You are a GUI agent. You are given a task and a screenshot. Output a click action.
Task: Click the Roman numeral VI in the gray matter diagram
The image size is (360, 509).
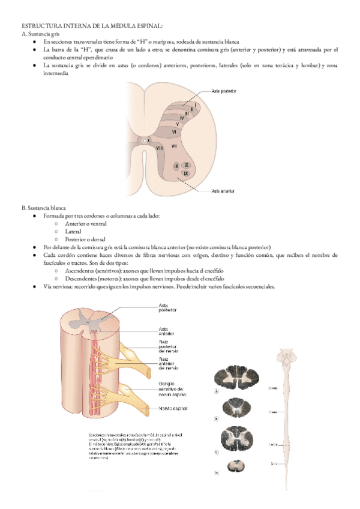(x=174, y=131)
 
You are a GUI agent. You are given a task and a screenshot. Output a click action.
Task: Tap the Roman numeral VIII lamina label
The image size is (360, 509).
(x=160, y=147)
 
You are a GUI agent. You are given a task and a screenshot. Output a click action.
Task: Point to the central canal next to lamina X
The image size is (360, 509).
(x=142, y=140)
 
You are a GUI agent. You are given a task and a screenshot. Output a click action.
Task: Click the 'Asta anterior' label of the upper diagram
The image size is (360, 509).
(x=223, y=191)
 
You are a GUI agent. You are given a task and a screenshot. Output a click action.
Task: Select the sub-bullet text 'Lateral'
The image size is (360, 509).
(x=74, y=231)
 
